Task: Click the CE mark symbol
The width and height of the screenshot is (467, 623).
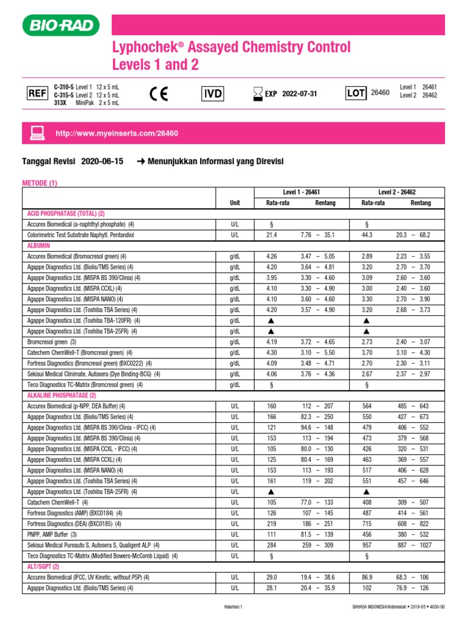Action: pyautogui.click(x=159, y=94)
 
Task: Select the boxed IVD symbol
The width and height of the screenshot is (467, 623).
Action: pyautogui.click(x=213, y=94)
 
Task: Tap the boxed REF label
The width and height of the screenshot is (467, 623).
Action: pyautogui.click(x=37, y=94)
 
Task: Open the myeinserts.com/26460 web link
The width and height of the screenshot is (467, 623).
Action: pyautogui.click(x=117, y=133)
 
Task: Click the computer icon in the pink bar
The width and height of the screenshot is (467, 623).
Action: pyautogui.click(x=38, y=133)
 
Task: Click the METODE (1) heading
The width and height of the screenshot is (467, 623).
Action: pyautogui.click(x=40, y=183)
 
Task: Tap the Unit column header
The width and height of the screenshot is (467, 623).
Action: pyautogui.click(x=235, y=203)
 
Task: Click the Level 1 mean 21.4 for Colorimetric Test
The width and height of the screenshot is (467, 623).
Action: pyautogui.click(x=271, y=234)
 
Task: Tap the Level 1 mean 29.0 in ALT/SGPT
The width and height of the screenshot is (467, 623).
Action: pyautogui.click(x=271, y=577)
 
